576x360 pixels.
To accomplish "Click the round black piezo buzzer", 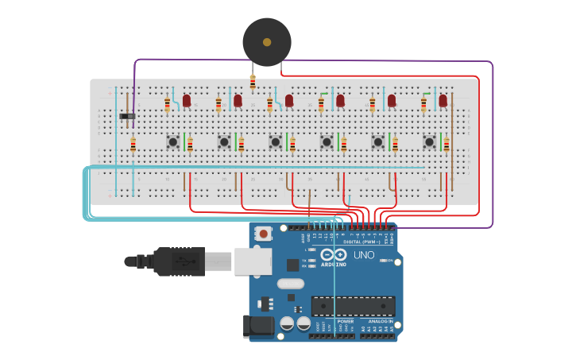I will point(266,42).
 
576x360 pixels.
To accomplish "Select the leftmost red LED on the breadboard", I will point(187,101).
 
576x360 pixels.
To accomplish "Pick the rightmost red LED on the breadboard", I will point(443,101).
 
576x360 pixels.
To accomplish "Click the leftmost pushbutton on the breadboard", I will point(172,142).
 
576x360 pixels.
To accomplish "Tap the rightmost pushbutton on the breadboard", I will point(429,142).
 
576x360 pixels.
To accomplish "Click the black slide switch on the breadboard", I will point(127,117).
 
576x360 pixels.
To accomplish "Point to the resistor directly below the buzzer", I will point(253,83).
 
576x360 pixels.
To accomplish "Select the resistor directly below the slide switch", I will point(133,145).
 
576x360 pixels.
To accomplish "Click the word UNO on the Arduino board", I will point(363,255).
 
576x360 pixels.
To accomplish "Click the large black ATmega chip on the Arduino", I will point(353,306).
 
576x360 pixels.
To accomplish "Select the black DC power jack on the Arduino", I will point(258,326).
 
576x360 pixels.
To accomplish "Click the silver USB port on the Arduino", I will point(253,261).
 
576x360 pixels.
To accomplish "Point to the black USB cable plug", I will point(179,261).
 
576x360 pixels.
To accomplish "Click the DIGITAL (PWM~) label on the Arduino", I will point(361,242).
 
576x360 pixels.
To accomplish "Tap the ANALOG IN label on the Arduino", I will point(379,321).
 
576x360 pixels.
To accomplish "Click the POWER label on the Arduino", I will point(334,321).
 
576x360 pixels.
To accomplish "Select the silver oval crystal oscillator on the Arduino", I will point(291,283).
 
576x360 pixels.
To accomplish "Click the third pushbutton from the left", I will point(275,142).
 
